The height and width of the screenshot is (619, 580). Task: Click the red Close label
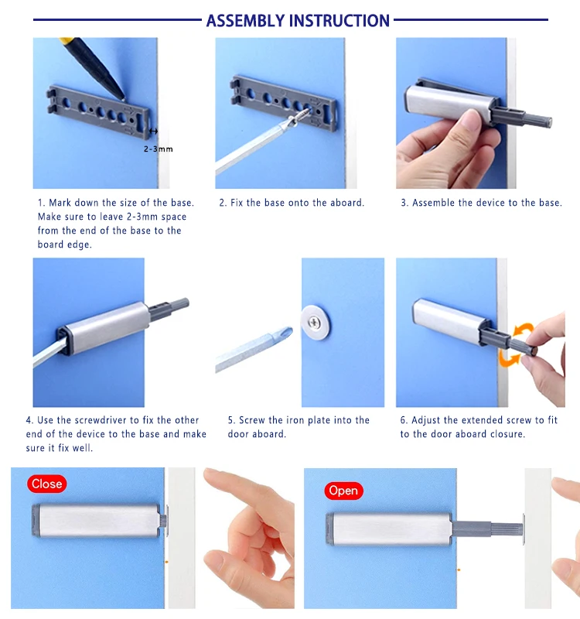click(47, 484)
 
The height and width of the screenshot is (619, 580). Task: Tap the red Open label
click(343, 491)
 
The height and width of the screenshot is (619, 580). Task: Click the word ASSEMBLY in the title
click(245, 21)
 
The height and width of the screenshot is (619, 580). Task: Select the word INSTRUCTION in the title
click(339, 21)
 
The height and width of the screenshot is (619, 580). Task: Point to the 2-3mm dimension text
click(159, 149)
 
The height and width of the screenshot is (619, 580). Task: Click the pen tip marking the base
click(124, 98)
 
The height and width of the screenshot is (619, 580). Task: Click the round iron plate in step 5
click(316, 322)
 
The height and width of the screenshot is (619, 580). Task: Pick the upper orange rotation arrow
click(524, 330)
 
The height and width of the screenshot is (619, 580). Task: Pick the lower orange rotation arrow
click(509, 358)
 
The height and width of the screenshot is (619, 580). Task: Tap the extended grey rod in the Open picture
click(488, 528)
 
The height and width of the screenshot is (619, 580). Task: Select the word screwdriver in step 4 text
click(101, 420)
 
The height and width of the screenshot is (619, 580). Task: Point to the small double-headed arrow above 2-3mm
click(153, 131)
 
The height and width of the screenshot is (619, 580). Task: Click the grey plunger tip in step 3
click(547, 121)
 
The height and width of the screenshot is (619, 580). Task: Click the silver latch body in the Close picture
click(97, 520)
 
